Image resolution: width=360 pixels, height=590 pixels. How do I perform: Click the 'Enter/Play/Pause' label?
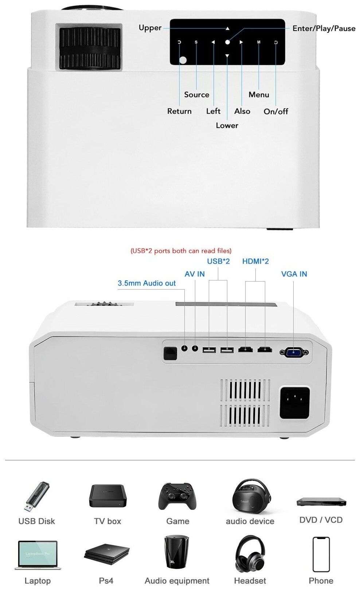[324, 28]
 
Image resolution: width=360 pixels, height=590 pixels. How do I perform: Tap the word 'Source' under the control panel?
[196, 95]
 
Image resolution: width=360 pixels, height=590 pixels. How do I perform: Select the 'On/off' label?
[276, 111]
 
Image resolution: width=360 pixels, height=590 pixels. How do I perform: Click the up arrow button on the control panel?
[227, 28]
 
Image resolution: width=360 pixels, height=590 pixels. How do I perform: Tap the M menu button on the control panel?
[259, 42]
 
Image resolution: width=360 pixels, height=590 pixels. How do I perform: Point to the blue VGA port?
[294, 352]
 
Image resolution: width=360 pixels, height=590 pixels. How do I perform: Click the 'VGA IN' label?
[294, 274]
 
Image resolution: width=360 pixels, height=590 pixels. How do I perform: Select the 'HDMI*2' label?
[255, 261]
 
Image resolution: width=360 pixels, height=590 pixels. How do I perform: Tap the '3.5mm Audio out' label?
[146, 283]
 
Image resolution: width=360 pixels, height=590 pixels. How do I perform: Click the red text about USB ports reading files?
[181, 251]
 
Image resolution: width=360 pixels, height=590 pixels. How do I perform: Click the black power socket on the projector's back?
[294, 402]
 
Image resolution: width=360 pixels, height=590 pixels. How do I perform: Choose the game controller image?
[177, 496]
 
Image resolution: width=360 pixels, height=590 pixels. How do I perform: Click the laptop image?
[37, 555]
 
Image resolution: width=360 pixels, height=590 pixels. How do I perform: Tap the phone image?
[321, 554]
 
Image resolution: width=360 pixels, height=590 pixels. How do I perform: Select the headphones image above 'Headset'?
[250, 554]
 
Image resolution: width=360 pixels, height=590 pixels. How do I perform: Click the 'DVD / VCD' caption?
[321, 520]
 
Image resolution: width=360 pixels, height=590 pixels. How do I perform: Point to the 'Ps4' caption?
[106, 581]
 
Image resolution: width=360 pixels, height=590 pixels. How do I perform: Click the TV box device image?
[107, 496]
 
